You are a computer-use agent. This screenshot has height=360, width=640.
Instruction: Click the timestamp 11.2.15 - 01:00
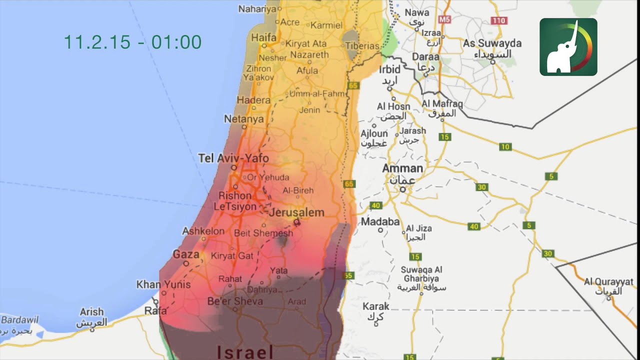point(132,42)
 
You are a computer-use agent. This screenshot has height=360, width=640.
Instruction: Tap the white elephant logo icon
point(568,47)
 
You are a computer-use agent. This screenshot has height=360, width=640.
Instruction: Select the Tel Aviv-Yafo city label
point(233,158)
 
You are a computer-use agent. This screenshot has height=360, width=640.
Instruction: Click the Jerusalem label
point(296,212)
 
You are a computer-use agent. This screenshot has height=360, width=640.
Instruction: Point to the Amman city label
point(402,168)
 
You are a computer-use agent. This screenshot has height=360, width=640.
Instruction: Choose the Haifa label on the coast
point(264,37)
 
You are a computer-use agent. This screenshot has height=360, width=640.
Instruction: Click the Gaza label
point(186,254)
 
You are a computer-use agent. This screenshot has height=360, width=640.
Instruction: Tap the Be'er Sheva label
point(235,301)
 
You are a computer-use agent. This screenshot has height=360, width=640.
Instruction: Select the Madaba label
point(380,221)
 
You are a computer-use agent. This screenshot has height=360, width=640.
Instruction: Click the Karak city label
point(376,306)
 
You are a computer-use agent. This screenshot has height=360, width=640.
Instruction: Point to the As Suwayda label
point(492,43)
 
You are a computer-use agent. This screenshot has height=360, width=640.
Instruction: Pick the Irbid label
point(390,69)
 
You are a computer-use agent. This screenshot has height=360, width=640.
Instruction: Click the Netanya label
point(243,119)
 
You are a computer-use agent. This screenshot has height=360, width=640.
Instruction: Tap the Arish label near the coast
point(91,312)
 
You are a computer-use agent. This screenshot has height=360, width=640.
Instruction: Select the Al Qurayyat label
point(608,282)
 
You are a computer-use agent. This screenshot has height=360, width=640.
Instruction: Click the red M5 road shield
point(444,19)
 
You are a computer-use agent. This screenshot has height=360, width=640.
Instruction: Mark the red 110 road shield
point(498,20)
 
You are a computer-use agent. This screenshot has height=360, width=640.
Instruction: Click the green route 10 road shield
point(505,147)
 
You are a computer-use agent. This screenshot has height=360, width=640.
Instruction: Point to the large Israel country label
point(245,352)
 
